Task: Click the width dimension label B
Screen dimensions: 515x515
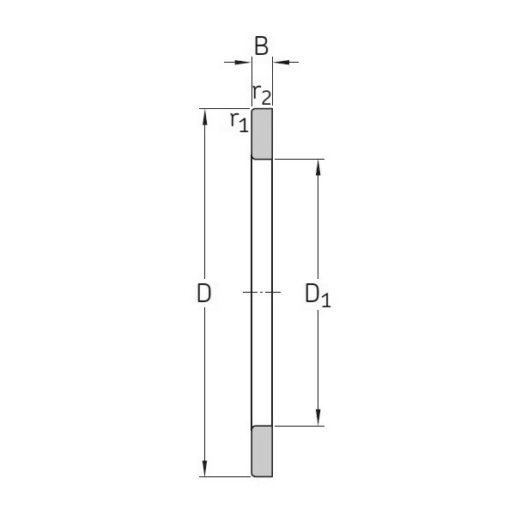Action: (262, 46)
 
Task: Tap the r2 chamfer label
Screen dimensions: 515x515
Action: (261, 94)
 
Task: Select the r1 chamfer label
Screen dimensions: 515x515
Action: (239, 121)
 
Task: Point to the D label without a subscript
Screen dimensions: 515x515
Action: (203, 294)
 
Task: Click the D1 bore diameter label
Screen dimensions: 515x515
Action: (317, 294)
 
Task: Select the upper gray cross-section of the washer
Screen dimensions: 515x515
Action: (262, 133)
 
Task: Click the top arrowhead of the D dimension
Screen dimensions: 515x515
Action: (204, 117)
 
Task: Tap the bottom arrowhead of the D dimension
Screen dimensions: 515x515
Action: (204, 469)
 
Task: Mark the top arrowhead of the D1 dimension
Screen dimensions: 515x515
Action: (318, 167)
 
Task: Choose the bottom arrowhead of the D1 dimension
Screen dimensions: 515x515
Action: (318, 418)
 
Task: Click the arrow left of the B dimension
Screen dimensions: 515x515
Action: (244, 62)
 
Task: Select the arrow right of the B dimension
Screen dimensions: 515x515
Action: (281, 62)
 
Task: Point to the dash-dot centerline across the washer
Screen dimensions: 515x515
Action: (262, 293)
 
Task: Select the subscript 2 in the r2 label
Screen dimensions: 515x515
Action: (266, 97)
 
